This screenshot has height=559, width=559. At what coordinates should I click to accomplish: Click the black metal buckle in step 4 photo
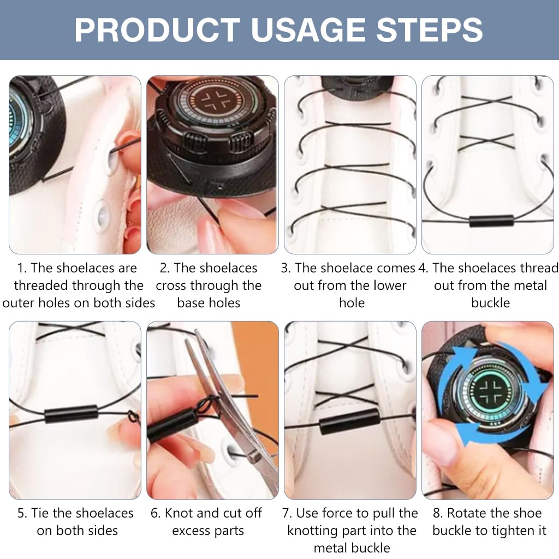491,221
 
